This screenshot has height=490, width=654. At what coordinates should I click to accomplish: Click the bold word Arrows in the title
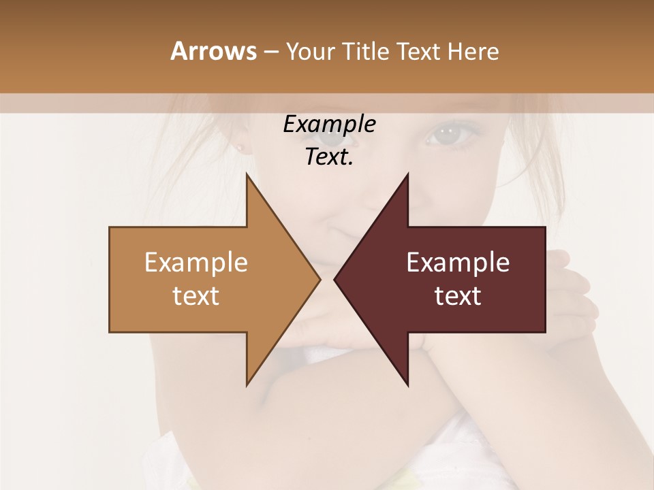click(x=213, y=51)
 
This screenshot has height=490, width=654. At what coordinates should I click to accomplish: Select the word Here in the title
click(x=473, y=51)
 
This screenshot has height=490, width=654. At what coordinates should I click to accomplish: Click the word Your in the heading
click(x=309, y=51)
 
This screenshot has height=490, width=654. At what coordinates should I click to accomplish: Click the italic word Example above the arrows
click(x=329, y=125)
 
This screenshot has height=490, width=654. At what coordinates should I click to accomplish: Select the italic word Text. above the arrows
click(x=329, y=157)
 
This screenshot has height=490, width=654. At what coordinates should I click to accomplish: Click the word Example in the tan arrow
click(x=196, y=263)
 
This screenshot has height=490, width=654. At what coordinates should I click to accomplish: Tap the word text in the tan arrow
click(x=196, y=296)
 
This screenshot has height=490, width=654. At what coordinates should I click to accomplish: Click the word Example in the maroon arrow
click(x=458, y=263)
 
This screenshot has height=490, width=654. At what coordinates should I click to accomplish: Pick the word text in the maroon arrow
click(x=458, y=296)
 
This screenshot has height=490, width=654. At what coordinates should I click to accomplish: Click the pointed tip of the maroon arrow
click(x=336, y=279)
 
